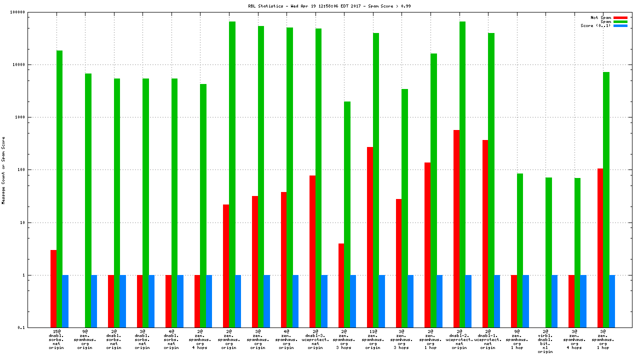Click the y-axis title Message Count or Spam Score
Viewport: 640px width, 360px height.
click(x=3, y=170)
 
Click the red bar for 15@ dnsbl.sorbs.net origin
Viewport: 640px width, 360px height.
click(x=53, y=288)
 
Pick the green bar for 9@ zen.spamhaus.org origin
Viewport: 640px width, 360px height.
click(x=88, y=200)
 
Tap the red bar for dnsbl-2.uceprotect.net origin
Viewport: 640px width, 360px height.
click(x=456, y=228)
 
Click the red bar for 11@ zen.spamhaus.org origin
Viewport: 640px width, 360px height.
click(x=370, y=237)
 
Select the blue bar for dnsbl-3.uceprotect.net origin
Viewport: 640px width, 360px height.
click(x=324, y=301)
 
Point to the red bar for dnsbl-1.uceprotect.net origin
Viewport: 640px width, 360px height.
click(x=485, y=233)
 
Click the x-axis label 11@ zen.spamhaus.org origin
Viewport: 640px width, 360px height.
click(x=372, y=339)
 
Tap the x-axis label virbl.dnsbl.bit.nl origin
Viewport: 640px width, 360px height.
click(x=545, y=341)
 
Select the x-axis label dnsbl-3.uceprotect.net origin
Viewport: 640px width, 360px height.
click(x=315, y=339)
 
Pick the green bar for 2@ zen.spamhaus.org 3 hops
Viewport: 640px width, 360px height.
click(x=347, y=214)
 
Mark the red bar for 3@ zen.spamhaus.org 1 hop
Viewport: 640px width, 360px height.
click(x=600, y=248)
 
